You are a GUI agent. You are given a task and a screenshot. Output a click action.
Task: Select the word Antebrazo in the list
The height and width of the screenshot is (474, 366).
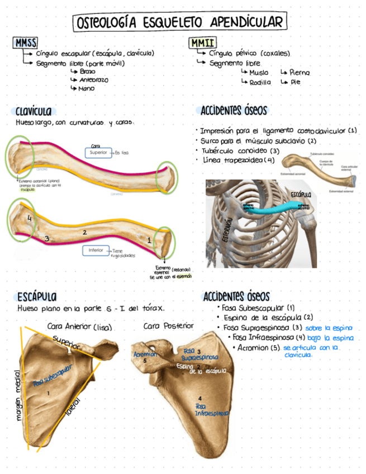click(93, 80)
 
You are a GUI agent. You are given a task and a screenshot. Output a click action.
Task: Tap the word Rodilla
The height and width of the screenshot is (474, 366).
click(260, 82)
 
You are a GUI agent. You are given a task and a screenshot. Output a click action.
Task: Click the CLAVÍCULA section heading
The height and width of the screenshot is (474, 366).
click(37, 111)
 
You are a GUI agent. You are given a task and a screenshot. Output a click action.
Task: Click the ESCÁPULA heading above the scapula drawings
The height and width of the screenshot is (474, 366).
click(36, 296)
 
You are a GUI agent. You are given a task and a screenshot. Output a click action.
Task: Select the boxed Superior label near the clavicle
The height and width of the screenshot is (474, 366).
click(99, 152)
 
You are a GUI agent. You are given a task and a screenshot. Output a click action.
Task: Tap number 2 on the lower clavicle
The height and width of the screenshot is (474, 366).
click(84, 231)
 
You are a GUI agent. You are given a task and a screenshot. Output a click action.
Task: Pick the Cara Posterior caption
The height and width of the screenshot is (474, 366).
click(168, 326)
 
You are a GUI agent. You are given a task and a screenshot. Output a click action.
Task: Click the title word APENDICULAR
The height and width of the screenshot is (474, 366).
click(248, 23)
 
